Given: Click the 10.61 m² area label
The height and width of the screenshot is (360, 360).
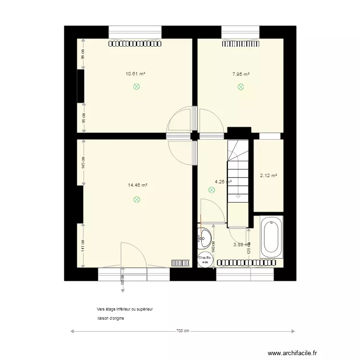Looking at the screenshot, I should (x=135, y=74).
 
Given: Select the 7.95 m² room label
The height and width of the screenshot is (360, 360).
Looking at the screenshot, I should (x=240, y=74).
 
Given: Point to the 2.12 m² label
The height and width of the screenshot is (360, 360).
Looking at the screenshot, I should (x=268, y=176).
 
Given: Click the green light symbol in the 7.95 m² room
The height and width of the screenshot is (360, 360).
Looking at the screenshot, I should (x=240, y=87).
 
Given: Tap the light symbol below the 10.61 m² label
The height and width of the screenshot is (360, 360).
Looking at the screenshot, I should (x=136, y=87).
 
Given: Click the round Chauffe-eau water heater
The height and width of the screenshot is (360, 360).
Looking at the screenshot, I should (x=205, y=260).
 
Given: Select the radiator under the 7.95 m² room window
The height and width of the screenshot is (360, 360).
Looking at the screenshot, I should (x=240, y=43).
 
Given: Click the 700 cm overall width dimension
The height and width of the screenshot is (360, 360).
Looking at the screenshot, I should (x=182, y=331).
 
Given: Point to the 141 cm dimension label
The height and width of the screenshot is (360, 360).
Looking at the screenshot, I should (x=83, y=245).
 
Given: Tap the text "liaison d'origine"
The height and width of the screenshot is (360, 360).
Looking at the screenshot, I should (x=110, y=318).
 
